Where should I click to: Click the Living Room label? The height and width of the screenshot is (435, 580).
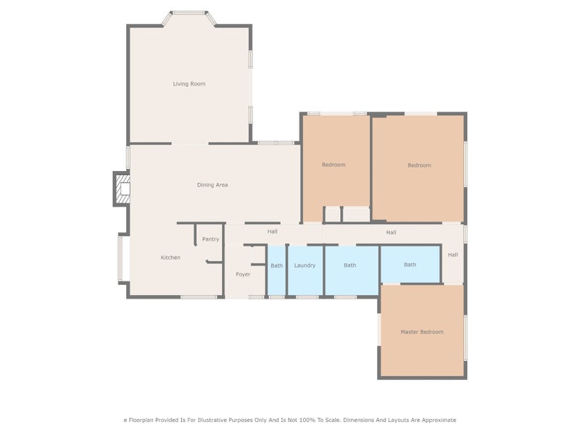point(188,84)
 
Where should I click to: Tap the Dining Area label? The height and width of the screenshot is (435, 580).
point(212,185)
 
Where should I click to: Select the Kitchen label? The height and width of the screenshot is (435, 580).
point(170,257)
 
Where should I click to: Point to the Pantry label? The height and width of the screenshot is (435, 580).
point(210,239)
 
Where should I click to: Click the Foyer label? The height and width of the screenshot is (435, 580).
point(243,274)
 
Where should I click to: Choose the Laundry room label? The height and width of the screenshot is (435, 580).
point(304,265)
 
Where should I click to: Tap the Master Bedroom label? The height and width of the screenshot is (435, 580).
point(421,332)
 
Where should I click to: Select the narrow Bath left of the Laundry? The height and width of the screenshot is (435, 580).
point(277,265)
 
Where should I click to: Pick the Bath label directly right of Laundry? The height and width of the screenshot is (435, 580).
point(349,265)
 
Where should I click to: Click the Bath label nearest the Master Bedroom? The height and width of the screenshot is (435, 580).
point(410,265)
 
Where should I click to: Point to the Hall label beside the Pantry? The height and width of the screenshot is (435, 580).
point(272,231)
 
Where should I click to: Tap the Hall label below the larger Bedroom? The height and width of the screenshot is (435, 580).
point(391,232)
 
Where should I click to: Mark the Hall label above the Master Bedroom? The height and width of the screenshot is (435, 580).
point(452,254)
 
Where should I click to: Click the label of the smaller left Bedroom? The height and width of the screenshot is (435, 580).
point(333,165)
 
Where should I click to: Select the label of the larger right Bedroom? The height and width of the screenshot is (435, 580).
point(419,165)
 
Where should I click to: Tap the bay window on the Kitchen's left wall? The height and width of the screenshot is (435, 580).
point(122,257)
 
